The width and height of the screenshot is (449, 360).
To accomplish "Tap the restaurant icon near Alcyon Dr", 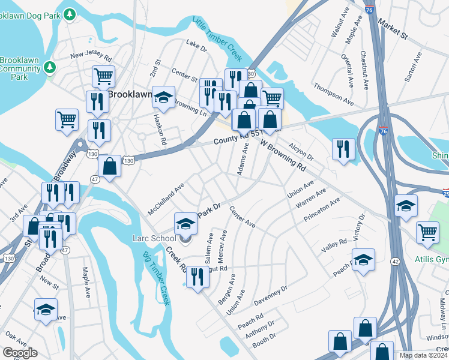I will click(x=343, y=149).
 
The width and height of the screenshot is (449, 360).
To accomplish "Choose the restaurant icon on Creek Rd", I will click(x=197, y=277).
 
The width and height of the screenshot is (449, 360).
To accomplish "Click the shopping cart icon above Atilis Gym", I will click(x=427, y=232).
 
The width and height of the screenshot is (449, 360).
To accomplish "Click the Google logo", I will click(x=20, y=353).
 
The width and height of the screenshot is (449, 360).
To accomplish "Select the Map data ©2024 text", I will click(x=424, y=355).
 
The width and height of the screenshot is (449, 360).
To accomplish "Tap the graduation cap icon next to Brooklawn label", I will click(x=163, y=97).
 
